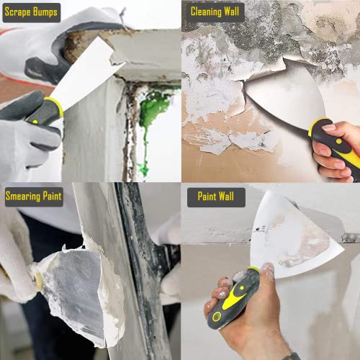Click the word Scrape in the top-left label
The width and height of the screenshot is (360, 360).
tap(21, 12)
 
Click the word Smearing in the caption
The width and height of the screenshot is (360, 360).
tap(23, 195)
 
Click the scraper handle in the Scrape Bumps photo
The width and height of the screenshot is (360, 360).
tap(40, 115)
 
